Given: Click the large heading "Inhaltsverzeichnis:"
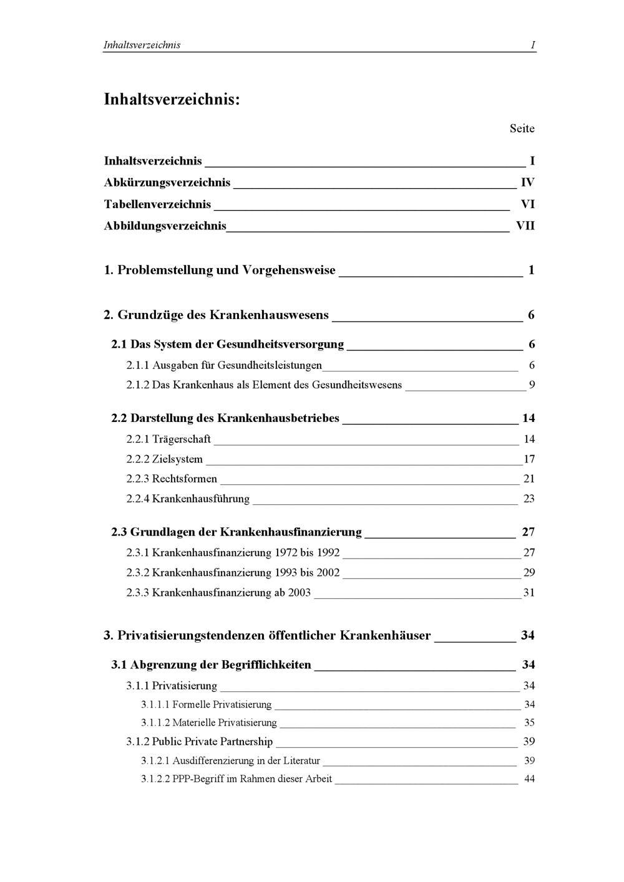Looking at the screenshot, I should click(172, 99).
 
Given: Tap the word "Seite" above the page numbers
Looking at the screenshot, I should click(522, 128).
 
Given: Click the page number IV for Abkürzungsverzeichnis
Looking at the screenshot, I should click(527, 183).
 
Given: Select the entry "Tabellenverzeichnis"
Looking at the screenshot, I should click(157, 204).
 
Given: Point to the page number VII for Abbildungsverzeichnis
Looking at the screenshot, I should click(525, 226).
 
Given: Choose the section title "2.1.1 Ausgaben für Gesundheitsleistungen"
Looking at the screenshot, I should click(224, 365).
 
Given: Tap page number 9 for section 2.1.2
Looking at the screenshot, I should click(532, 385).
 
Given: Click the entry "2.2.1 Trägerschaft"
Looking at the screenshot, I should click(168, 439).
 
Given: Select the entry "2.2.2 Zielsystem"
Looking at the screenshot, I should click(164, 459).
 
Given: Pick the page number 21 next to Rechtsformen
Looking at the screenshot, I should click(529, 479).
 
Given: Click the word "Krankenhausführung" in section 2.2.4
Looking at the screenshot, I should click(200, 499).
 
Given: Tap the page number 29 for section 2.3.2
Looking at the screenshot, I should click(529, 572).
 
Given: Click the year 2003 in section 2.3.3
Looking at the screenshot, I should click(300, 592).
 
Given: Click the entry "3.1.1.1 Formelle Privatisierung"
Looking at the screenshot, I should click(206, 704).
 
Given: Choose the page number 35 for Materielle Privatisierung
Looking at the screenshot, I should click(529, 723).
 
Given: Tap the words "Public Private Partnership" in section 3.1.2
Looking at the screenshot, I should click(212, 742).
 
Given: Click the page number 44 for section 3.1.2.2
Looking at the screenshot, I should click(529, 779).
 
